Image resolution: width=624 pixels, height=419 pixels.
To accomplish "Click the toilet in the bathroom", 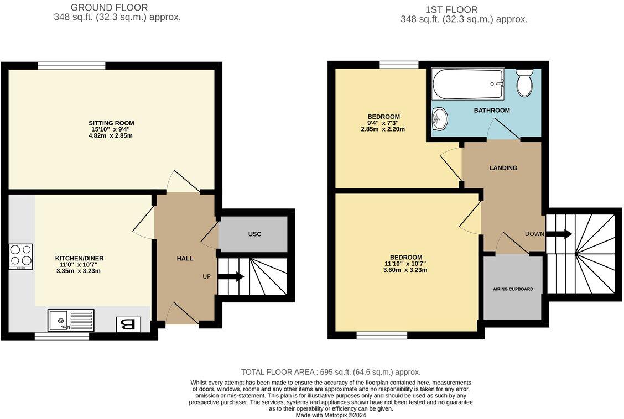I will (524, 83).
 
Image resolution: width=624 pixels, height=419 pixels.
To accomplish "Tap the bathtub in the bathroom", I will (468, 84).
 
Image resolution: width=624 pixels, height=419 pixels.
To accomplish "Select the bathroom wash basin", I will (440, 117).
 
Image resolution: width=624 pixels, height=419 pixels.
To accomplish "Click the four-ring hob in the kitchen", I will (21, 256).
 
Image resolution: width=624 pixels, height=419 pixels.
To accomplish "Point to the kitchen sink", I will (71, 320).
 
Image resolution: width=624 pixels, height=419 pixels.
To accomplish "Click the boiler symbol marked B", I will (128, 324).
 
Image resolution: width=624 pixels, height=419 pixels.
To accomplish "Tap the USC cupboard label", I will (254, 234).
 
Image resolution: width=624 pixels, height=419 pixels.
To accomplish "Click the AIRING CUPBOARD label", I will (513, 289).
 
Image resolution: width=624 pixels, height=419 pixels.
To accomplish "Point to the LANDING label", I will (503, 167).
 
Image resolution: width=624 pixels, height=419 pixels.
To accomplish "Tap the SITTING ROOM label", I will (111, 123).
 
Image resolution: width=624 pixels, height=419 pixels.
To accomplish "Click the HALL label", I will (185, 258).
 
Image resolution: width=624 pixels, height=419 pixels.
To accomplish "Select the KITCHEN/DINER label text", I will (79, 258).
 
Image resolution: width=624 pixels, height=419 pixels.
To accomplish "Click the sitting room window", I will (71, 66).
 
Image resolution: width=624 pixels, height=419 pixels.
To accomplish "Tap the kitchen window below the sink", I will (62, 336).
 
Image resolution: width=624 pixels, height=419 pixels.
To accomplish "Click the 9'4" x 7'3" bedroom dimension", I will (382, 123).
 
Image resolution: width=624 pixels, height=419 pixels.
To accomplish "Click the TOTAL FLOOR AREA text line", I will (331, 372).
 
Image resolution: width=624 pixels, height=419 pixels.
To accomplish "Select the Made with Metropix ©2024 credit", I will (331, 415).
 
